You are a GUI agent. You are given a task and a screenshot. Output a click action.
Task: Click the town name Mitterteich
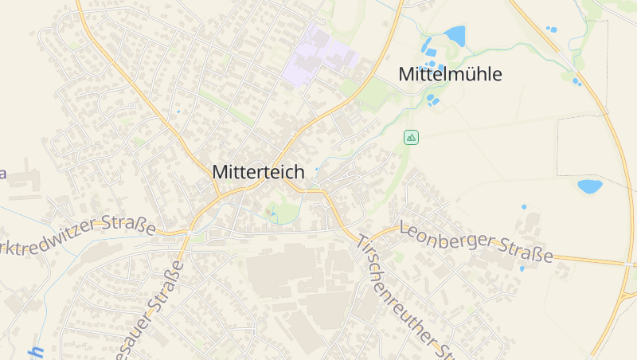pos(258,171)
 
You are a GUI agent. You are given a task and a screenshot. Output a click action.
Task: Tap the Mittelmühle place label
pos(450,75)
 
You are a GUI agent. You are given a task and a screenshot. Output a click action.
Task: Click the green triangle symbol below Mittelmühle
pos(411,137)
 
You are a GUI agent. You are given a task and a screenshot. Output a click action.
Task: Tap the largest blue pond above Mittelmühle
pos(455,36)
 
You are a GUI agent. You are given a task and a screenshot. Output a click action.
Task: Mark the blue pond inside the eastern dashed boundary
pos(589,186)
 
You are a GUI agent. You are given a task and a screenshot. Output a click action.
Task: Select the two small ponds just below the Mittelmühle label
pos(432,100)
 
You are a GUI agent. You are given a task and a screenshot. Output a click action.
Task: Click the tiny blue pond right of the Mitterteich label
pos(316,170)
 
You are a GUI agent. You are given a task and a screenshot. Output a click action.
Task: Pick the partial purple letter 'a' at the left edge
pos(2,173)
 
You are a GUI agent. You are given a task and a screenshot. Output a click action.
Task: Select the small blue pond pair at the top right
pos(551,29)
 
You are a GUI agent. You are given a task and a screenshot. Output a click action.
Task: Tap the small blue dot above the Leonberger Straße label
pos(524,207)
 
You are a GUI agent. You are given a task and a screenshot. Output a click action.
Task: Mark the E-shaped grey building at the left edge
pos(24,180)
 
